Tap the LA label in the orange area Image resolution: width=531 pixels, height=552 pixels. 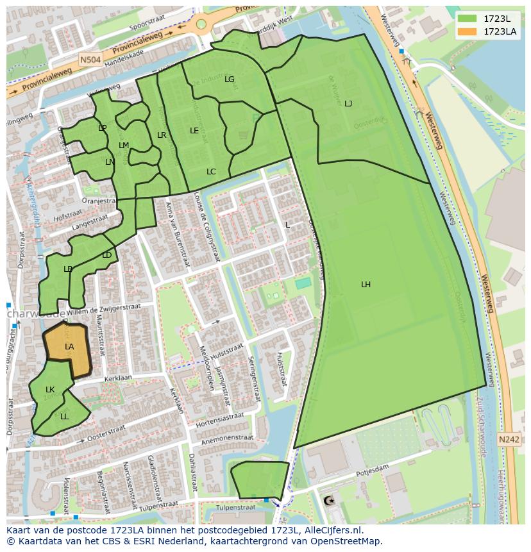pos(69,347)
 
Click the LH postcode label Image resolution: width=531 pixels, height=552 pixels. pos(366,285)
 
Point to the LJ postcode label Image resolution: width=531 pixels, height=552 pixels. pos(348,103)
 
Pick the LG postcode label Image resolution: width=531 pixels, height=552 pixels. pos(230,79)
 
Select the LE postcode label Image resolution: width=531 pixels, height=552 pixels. pos(194,130)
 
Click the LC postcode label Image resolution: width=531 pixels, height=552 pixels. pos(211,171)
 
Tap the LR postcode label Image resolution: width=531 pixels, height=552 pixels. pos(162,135)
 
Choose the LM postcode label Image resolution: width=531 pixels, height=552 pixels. pos(124,146)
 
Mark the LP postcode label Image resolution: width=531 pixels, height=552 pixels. pos(103,128)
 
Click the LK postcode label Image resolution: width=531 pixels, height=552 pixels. pos(50,390)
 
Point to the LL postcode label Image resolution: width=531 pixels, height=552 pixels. pos(64,416)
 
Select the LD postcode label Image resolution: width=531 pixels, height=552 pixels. pos(106,255)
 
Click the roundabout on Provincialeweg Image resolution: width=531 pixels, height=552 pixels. pos(202,24)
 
